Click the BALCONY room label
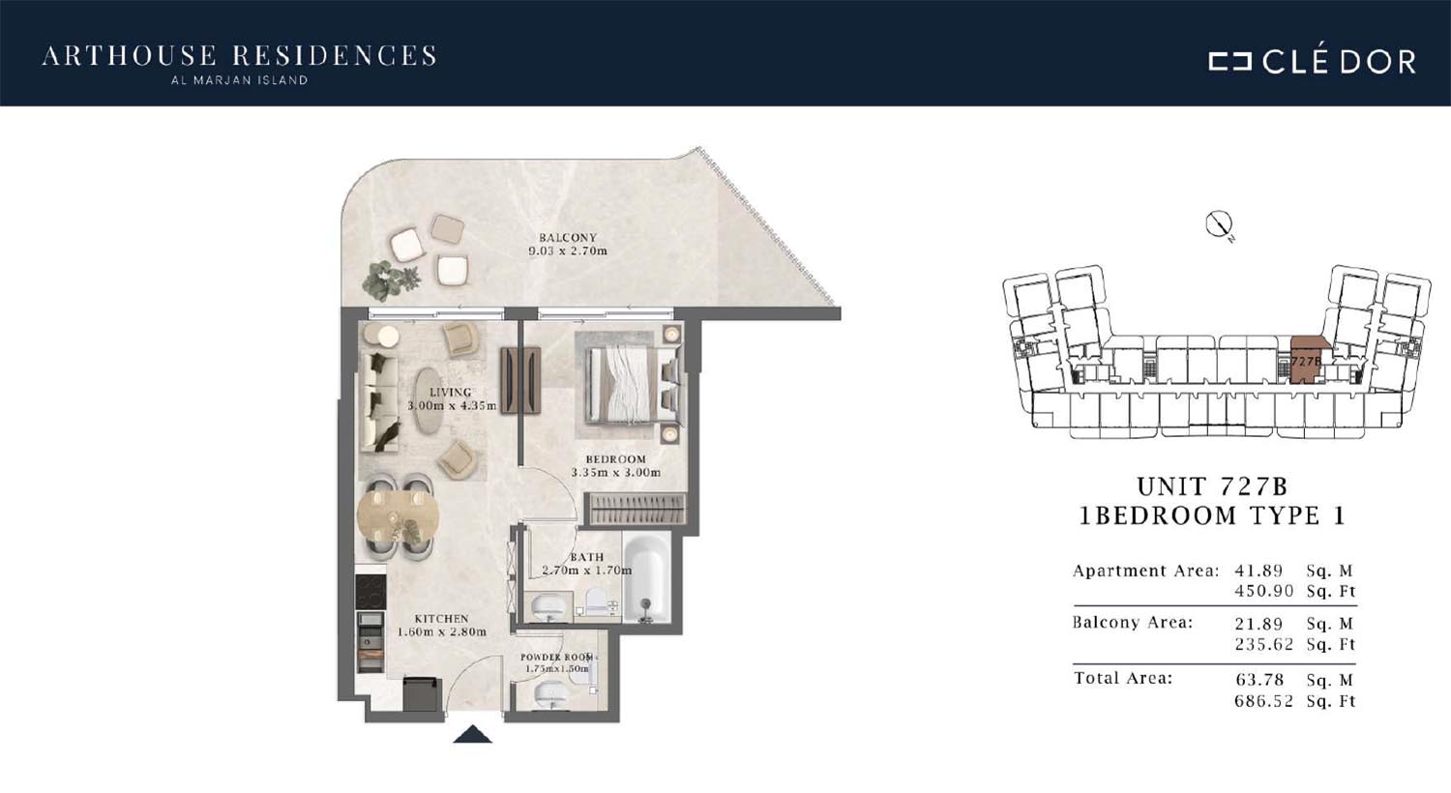click(568, 238)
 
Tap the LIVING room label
click(450, 392)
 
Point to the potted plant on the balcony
click(391, 279)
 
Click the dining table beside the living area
click(398, 515)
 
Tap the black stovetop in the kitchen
click(370, 592)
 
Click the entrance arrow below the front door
click(473, 734)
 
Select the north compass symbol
click(1219, 224)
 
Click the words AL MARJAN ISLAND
click(239, 80)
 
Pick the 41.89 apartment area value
click(1259, 571)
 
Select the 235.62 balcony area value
click(1263, 644)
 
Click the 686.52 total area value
click(1263, 700)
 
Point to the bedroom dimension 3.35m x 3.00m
click(616, 473)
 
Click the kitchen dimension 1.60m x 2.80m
click(442, 631)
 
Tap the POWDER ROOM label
click(557, 657)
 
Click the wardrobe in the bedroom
click(635, 509)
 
